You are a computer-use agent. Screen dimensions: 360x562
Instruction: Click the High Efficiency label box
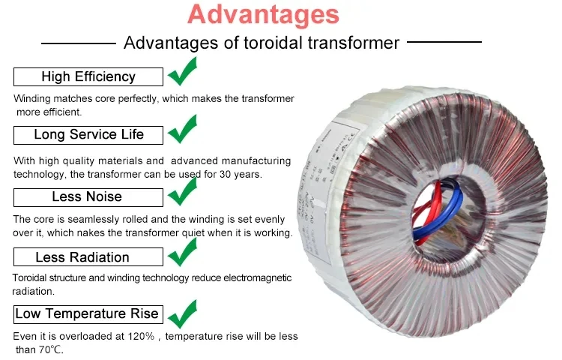[88, 76]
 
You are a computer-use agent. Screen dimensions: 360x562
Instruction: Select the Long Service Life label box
[88, 135]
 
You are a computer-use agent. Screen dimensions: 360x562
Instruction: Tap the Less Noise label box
[88, 196]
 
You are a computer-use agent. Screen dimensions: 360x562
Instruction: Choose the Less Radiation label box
[88, 257]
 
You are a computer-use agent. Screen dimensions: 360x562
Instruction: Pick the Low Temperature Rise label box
[88, 313]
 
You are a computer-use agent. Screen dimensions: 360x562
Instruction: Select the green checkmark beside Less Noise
[182, 191]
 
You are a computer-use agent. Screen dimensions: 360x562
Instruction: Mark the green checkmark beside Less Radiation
[182, 252]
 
